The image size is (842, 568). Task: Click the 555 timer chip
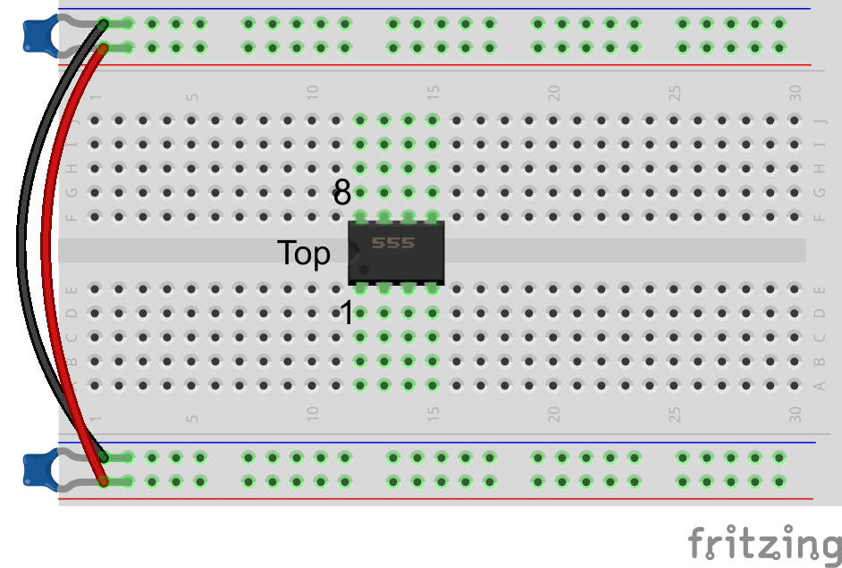pos(396,253)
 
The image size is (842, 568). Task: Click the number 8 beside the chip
pos(342,192)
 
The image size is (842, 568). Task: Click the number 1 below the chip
pos(346,313)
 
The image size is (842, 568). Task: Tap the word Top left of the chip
pos(304,254)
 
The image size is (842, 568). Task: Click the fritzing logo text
pos(764,542)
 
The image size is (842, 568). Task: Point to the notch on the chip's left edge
pos(352,253)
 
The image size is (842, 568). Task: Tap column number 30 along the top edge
pos(796,92)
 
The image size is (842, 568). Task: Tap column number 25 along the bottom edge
pos(675,414)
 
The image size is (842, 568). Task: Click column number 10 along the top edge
pos(313,92)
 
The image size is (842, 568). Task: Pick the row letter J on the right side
pos(820,120)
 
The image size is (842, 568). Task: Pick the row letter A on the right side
pos(820,386)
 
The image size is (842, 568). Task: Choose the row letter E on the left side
pos(72,289)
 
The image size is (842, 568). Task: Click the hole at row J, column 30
pos(795,120)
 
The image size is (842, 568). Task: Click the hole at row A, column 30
pos(795,386)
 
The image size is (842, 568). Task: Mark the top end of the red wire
pos(104,47)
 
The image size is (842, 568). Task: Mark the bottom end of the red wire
pos(104,481)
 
